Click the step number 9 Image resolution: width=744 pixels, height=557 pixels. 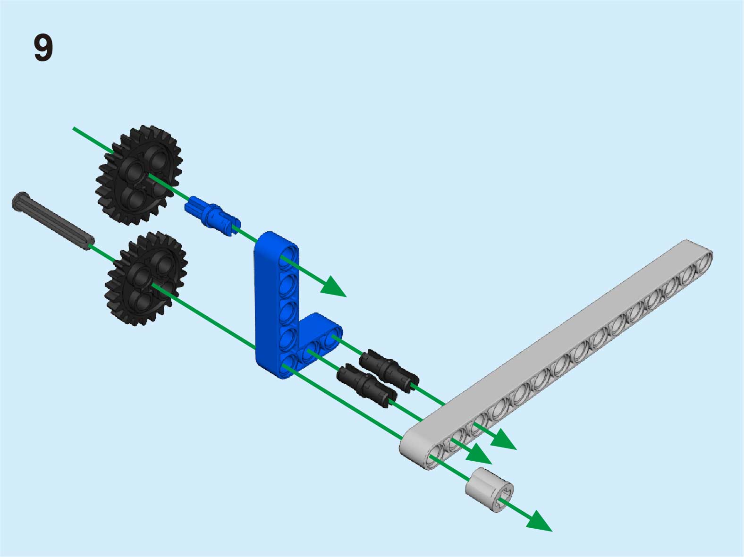click(43, 48)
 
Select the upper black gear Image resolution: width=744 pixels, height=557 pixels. click(139, 175)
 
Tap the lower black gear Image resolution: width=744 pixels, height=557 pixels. click(146, 278)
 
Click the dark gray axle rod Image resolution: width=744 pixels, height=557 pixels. click(53, 220)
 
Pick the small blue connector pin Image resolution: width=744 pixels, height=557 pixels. click(212, 216)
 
